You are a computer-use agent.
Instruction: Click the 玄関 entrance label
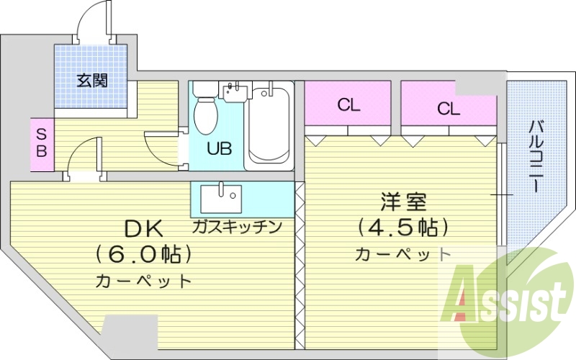(92, 80)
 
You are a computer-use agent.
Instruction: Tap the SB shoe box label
(42, 143)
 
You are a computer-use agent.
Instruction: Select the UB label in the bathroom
(219, 150)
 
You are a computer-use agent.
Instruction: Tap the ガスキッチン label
(236, 227)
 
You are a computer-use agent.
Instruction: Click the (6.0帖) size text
(145, 254)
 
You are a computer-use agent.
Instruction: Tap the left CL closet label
(348, 106)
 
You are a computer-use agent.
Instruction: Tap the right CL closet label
(448, 109)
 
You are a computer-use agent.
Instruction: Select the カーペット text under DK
(144, 281)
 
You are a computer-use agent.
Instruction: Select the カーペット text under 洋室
(403, 253)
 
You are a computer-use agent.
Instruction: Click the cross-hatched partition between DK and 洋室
(300, 266)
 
